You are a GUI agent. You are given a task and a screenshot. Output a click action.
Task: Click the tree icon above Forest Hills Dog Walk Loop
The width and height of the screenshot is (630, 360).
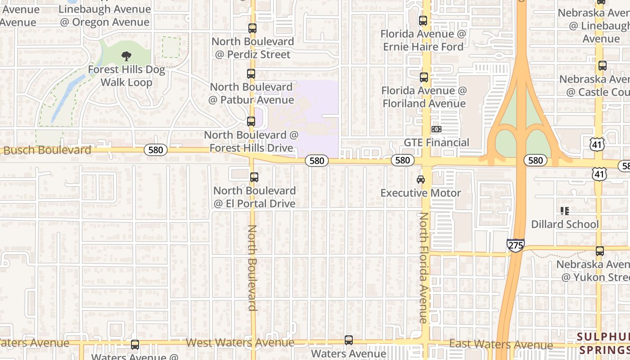click(126, 56)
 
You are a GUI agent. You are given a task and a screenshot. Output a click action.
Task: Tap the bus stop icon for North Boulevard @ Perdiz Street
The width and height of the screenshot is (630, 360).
click(252, 28)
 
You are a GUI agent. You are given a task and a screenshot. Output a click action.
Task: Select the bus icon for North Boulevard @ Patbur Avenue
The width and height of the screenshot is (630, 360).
click(251, 74)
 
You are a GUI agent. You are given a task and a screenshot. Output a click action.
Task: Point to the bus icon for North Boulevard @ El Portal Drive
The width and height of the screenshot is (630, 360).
click(254, 177)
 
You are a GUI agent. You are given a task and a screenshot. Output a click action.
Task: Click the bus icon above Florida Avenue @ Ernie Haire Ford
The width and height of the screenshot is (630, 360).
click(423, 21)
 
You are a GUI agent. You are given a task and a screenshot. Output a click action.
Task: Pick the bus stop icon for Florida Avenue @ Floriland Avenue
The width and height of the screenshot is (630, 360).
click(423, 77)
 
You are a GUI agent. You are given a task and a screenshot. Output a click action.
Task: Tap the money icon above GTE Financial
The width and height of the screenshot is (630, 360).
click(436, 130)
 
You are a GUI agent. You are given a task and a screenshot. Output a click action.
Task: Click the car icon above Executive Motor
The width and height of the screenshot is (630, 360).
click(421, 180)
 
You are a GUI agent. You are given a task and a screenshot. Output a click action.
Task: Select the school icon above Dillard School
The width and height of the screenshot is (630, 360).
click(565, 211)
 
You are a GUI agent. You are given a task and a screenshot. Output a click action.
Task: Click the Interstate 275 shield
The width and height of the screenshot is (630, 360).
click(515, 245)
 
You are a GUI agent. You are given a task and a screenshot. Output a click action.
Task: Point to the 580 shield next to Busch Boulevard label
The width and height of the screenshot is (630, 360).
click(156, 150)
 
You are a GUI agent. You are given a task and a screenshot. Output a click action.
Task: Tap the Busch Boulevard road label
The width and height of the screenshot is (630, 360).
click(47, 150)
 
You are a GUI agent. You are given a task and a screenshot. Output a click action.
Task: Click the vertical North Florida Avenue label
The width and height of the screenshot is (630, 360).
click(423, 268)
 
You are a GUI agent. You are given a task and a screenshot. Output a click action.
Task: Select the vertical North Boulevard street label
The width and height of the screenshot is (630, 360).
click(252, 268)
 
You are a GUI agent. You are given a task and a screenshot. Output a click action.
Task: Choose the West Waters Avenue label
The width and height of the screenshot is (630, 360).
click(240, 343)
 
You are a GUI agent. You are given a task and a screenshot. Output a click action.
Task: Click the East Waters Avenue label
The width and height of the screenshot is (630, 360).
click(501, 345)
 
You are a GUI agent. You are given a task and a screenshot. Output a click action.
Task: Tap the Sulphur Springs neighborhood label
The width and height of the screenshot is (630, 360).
click(604, 343)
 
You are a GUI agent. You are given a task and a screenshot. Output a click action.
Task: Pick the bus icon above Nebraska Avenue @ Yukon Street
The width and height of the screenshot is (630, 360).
click(599, 251)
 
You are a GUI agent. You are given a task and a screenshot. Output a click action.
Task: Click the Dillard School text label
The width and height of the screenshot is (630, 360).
click(565, 224)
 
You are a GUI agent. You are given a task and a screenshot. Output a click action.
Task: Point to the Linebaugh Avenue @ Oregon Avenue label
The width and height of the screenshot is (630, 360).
click(104, 16)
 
